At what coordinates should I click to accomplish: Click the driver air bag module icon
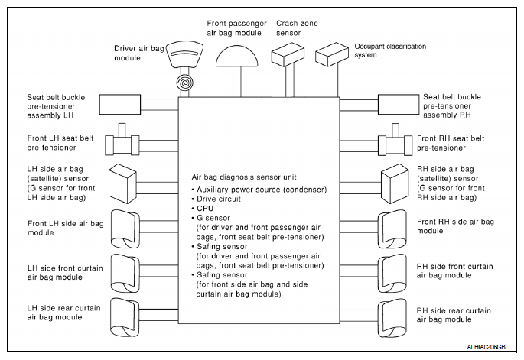[x=184, y=54]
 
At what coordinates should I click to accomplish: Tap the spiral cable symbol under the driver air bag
[x=185, y=82]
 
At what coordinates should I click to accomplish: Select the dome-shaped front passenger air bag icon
[x=237, y=56]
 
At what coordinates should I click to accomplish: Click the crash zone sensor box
[x=288, y=54]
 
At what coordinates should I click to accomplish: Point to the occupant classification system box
[x=332, y=54]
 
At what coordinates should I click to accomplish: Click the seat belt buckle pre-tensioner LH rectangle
[x=120, y=105]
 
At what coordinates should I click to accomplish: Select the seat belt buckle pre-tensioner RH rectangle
[x=399, y=105]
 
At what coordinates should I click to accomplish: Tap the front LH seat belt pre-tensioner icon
[x=122, y=142]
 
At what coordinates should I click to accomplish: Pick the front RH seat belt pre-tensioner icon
[x=395, y=142]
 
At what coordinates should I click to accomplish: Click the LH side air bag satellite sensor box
[x=122, y=183]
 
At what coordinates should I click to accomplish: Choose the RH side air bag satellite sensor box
[x=395, y=183]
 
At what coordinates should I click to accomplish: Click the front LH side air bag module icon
[x=125, y=229]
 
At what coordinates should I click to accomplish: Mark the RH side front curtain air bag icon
[x=392, y=274]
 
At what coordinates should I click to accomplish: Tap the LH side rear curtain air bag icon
[x=125, y=318]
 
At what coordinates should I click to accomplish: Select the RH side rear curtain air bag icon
[x=392, y=318]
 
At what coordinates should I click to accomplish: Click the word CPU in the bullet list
[x=205, y=209]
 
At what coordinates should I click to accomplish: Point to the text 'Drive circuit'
[x=219, y=199]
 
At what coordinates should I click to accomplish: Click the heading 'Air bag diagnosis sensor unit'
[x=244, y=177]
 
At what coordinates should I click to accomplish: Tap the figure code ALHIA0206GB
[x=486, y=347]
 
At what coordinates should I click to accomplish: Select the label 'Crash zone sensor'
[x=297, y=28]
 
